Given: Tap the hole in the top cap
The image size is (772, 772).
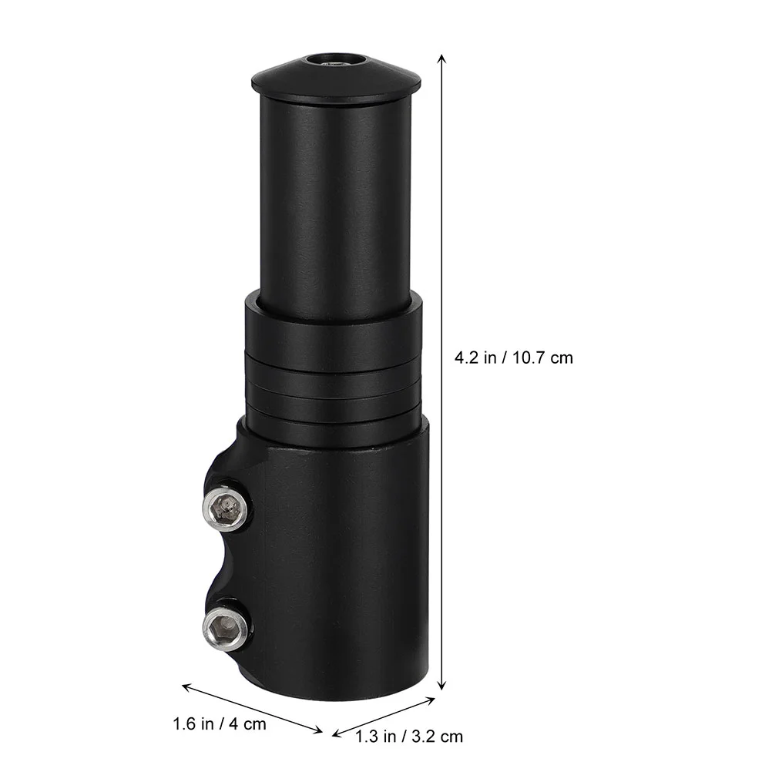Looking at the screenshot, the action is (337, 61).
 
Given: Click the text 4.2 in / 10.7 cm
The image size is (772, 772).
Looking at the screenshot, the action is (514, 358).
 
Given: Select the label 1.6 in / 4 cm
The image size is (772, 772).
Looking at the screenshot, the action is (219, 724).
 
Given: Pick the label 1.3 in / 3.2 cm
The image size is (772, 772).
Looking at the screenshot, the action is (409, 737).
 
